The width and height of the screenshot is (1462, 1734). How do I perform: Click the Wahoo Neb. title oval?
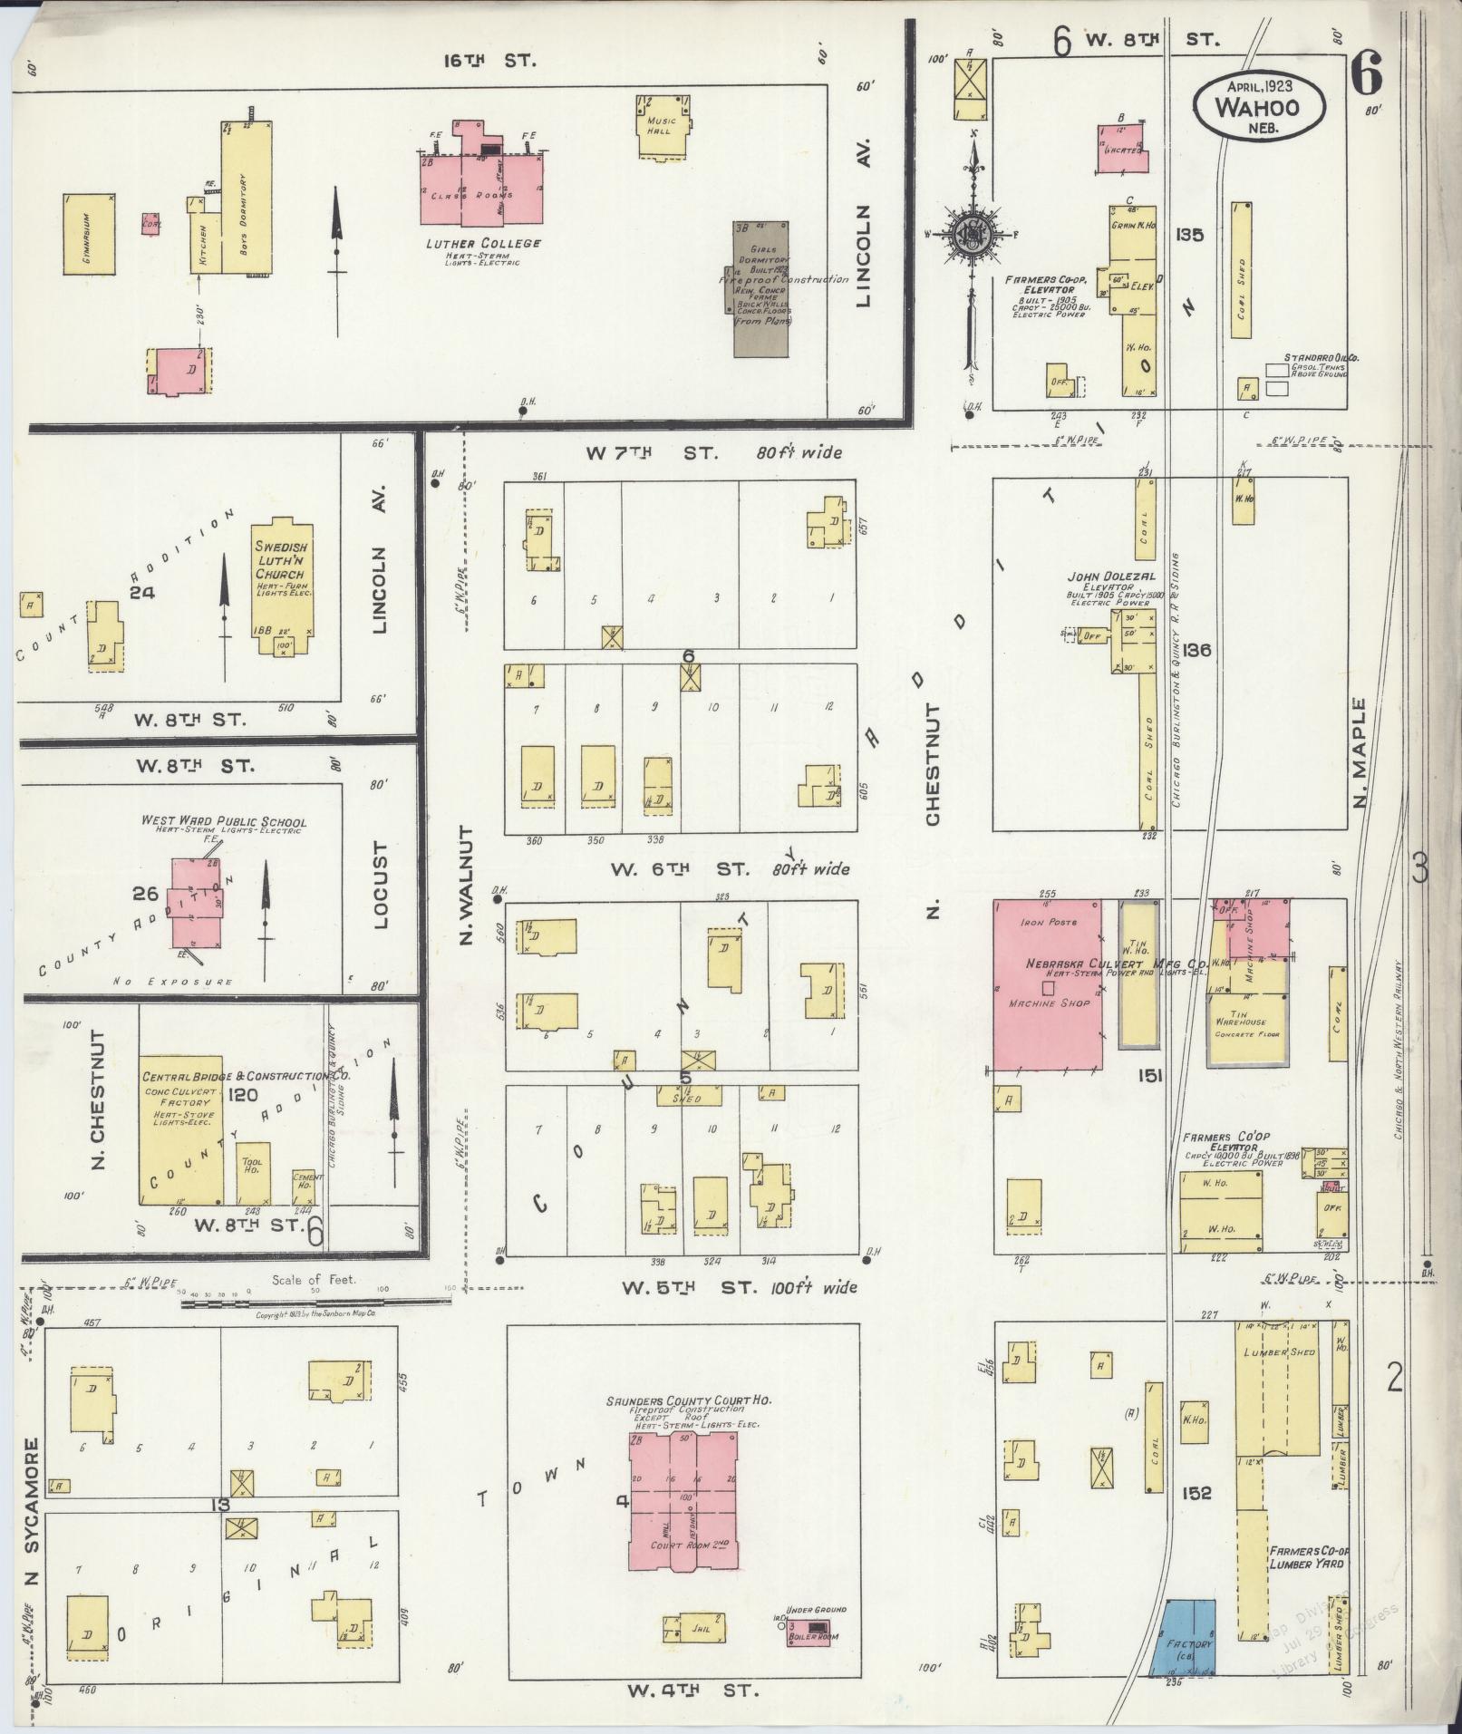point(1258,106)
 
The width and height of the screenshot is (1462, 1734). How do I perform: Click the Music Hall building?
point(660,126)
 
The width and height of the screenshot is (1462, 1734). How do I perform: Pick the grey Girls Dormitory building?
point(760,288)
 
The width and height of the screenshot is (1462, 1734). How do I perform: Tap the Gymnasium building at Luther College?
point(89,234)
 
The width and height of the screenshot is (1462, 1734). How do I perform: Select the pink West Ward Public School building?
point(198,903)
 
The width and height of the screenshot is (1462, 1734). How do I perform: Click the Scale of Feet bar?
point(313,1303)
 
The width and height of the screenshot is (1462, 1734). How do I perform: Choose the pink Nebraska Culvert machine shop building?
point(1049,984)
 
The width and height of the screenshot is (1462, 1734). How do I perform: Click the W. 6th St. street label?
point(680,869)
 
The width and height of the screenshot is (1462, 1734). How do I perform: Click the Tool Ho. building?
point(252,1173)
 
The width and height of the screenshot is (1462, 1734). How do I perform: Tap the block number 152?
point(1196,1493)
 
